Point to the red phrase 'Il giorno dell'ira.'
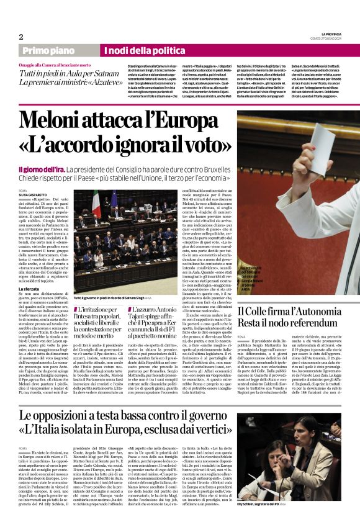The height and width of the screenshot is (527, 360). [41, 169]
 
